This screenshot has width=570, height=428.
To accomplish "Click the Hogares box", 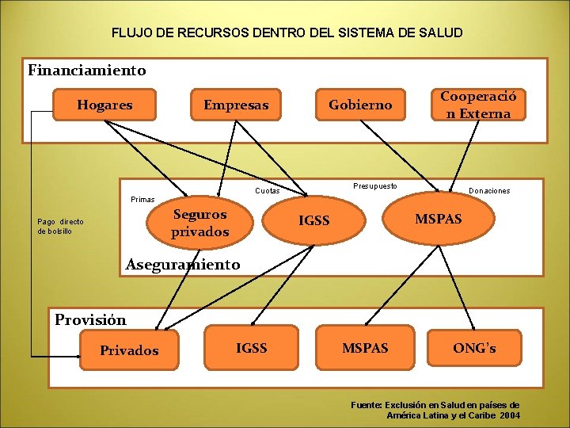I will point(104,105).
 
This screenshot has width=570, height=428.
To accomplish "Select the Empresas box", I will point(236,105).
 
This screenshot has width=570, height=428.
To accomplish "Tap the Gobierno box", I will point(360,105).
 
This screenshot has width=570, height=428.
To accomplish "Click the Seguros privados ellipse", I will point(199,223).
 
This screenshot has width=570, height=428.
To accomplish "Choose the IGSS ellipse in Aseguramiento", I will point(314,220).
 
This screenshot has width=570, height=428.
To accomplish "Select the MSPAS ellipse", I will point(438,218).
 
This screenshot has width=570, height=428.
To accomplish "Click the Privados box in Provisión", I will point(129,350).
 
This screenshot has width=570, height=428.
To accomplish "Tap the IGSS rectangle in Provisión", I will point(252,347).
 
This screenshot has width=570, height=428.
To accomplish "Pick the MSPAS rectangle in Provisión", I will point(365,348).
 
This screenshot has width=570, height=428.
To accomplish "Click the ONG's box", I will point(474,347).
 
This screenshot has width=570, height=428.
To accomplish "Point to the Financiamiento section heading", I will point(87,71).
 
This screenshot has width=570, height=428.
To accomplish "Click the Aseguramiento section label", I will point(183,264).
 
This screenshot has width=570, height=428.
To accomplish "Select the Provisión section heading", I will point(90,320).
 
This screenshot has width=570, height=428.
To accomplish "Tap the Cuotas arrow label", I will point(268,191).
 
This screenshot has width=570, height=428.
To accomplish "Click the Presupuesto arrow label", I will point(375,186).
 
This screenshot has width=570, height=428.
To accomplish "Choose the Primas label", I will point(142,200).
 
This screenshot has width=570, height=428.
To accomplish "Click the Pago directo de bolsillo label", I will point(60,226).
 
